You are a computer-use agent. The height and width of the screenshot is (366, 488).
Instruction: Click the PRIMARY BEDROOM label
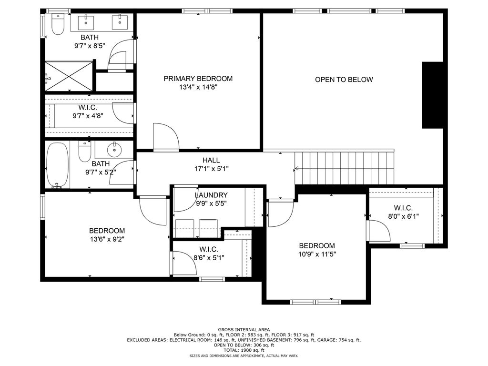pyautogui.click(x=198, y=79)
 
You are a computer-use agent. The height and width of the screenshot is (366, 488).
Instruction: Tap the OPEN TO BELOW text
pyautogui.click(x=344, y=80)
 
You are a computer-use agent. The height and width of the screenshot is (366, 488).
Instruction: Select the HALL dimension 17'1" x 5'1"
pyautogui.click(x=211, y=169)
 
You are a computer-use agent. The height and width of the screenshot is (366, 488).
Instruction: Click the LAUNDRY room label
pyautogui.click(x=211, y=195)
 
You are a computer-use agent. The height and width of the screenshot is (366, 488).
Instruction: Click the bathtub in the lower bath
pyautogui.click(x=58, y=165)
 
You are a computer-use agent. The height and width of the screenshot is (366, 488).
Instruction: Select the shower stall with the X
pyautogui.click(x=69, y=76)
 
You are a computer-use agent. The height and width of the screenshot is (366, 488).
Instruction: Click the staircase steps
pyautogui.click(x=344, y=168)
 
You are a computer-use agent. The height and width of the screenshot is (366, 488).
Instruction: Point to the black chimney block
pyautogui.click(x=432, y=95)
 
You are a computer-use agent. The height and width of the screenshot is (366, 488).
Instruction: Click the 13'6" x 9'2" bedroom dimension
pyautogui.click(x=107, y=239)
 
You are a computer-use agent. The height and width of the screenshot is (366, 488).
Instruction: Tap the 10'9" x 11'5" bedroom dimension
pyautogui.click(x=317, y=254)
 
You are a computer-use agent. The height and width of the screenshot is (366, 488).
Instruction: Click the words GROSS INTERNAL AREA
pyautogui.click(x=244, y=330)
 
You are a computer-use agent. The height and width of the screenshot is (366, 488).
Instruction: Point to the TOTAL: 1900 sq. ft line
pyautogui.click(x=244, y=350)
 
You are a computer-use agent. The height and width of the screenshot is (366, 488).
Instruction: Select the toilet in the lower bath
pyautogui.click(x=84, y=152)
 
